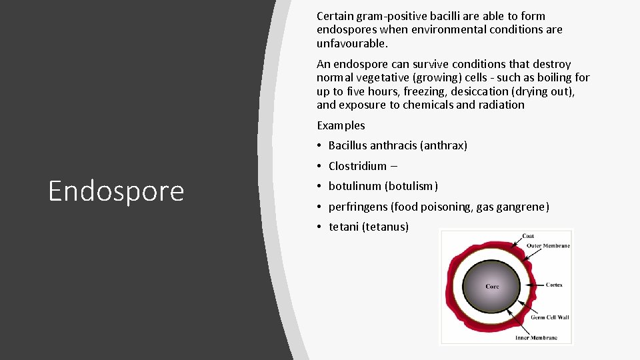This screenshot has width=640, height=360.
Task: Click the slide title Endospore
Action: click(116, 191)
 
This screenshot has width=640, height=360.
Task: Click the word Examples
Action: click(341, 125)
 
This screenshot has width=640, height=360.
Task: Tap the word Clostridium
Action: click(357, 166)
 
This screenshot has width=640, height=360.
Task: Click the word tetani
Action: click(343, 227)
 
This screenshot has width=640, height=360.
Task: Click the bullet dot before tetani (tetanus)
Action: click(320, 227)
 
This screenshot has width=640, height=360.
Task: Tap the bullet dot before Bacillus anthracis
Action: click(320, 146)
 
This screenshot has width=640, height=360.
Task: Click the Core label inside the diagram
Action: click(492, 287)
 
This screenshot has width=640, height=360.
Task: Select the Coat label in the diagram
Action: click(528, 236)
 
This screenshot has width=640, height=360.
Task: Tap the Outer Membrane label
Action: click(548, 246)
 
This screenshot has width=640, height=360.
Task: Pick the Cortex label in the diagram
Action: click(554, 285)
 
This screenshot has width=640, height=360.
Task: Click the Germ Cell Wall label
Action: click(550, 317)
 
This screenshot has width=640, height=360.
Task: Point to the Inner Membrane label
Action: click(536, 337)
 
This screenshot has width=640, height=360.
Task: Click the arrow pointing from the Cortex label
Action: click(537, 285)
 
